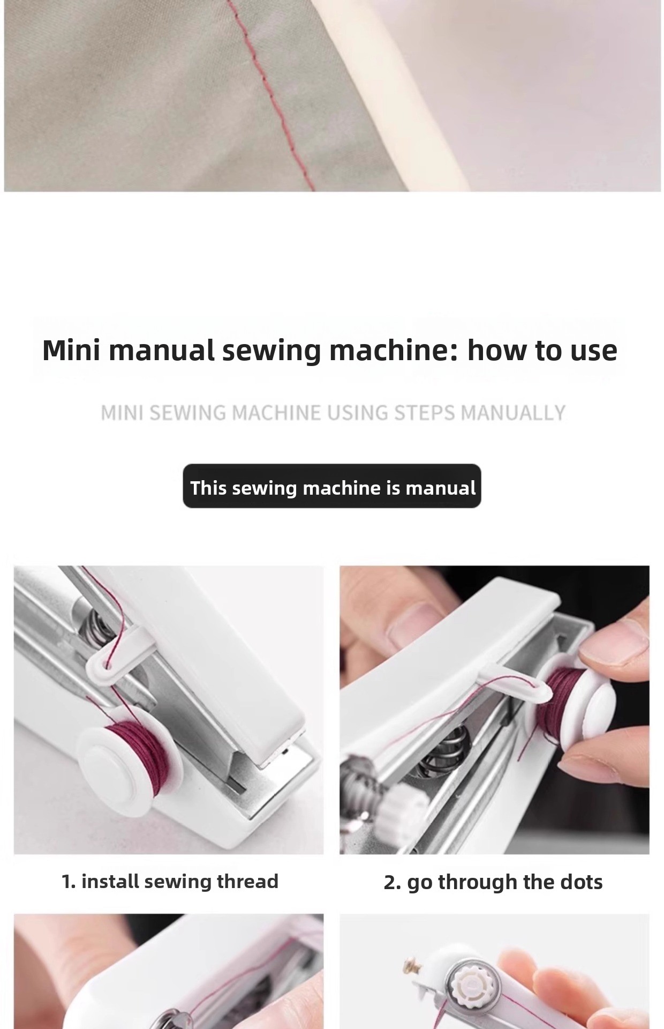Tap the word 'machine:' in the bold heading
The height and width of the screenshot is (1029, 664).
click(x=394, y=350)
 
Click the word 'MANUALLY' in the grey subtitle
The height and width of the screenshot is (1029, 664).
click(x=512, y=413)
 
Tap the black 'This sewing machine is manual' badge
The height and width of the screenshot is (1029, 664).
click(x=332, y=486)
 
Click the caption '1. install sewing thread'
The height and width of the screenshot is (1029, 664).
click(x=170, y=882)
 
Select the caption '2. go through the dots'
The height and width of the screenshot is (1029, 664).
click(x=493, y=882)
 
